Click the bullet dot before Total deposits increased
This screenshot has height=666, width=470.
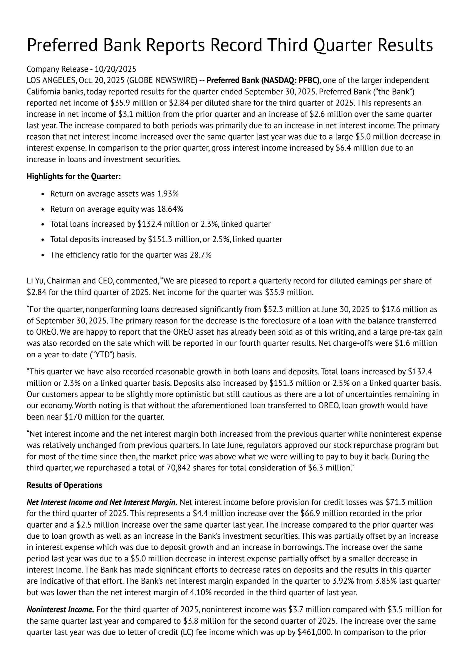tap(43, 240)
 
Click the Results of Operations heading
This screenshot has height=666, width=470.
tap(64, 485)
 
